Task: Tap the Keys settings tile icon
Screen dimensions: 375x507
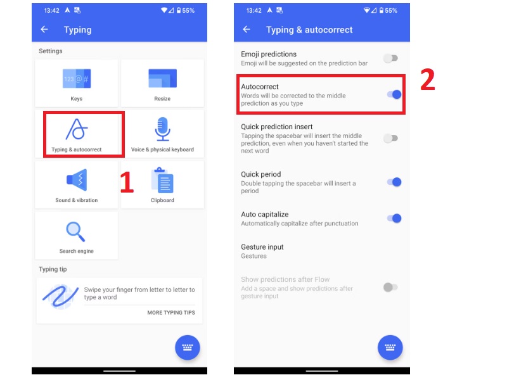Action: tap(77, 79)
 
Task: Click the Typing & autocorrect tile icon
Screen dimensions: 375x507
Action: tap(77, 129)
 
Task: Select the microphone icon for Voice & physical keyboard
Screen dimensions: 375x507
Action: tap(162, 129)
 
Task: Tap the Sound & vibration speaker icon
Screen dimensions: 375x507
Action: tap(77, 180)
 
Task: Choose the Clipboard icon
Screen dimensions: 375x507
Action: tap(162, 181)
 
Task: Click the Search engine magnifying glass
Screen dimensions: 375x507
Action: tap(77, 231)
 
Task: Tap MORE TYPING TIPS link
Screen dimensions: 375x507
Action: tap(171, 313)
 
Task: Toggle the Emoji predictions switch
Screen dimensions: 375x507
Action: tap(391, 58)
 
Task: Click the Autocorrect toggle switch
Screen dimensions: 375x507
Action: tap(394, 94)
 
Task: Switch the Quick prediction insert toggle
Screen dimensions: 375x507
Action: tap(391, 137)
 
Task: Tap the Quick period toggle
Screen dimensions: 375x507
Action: tap(394, 182)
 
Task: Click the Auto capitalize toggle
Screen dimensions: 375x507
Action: tap(394, 218)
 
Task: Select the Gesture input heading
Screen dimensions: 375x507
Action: tap(262, 247)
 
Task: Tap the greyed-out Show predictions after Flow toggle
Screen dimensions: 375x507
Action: tap(390, 287)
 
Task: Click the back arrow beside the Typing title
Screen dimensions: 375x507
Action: tap(44, 30)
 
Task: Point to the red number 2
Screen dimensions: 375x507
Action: tap(428, 80)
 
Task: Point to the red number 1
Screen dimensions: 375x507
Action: tap(127, 182)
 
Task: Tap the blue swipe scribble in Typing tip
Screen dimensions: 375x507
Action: tap(60, 296)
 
